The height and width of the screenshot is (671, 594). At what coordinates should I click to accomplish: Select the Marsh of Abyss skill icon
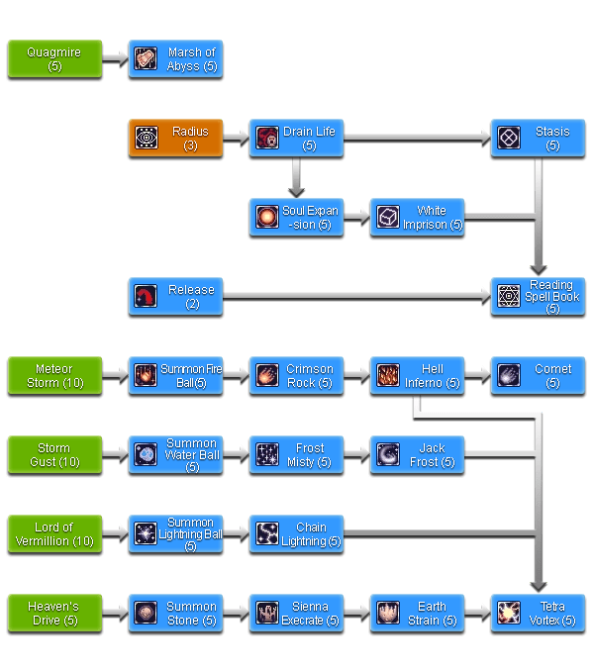146,59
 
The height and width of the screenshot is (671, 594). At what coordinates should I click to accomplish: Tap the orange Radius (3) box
175,138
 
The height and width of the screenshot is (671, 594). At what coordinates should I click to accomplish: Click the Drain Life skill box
296,138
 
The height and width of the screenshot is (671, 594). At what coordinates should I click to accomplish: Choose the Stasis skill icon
509,138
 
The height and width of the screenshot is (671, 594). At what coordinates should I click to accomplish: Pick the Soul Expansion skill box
296,217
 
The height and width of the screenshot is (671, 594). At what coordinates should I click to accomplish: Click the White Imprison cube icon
388,217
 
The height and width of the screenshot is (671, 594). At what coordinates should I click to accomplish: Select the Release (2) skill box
175,296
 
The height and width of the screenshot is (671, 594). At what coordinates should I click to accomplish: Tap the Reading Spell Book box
538,296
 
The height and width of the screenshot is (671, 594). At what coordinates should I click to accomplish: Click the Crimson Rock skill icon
267,375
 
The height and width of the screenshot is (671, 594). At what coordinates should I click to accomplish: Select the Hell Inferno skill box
417,375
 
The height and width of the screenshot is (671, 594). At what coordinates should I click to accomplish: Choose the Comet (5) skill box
538,375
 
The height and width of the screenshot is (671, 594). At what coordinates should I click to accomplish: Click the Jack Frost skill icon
388,454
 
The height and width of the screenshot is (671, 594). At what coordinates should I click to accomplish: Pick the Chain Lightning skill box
296,533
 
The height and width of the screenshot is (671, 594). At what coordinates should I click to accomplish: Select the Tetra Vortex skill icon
509,613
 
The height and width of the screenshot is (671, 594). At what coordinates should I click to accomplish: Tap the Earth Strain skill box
417,613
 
